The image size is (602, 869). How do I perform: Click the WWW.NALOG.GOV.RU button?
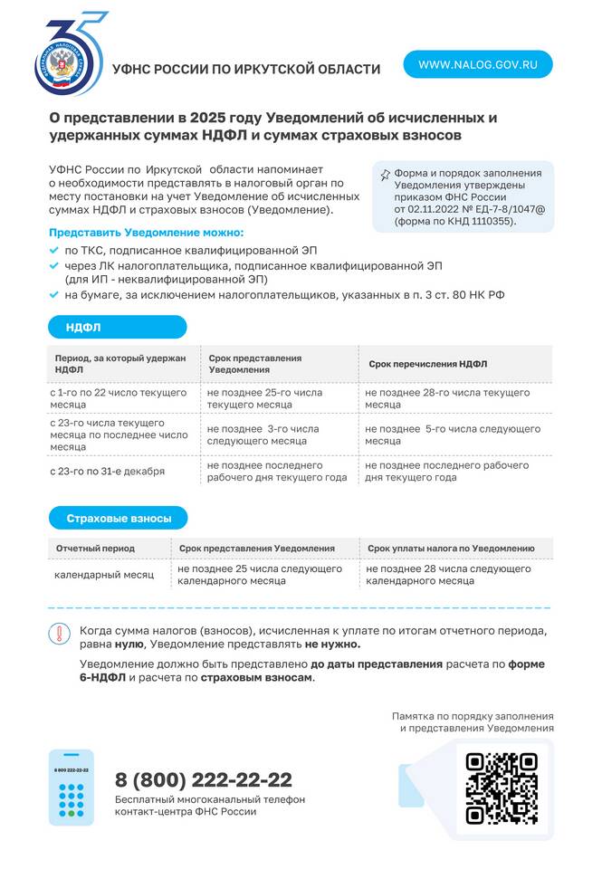[478, 64]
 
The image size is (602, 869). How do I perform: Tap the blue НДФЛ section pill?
[117, 327]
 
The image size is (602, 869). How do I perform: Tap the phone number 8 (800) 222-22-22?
[204, 780]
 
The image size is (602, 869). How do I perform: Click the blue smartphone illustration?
[71, 787]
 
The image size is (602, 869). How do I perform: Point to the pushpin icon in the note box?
[385, 175]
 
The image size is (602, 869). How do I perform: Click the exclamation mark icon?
[59, 634]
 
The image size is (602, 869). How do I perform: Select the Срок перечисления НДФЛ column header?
[427, 364]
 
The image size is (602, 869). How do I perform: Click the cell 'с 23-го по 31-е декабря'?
[107, 472]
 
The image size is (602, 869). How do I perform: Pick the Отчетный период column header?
[95, 549]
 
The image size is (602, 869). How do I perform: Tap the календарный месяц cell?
[104, 575]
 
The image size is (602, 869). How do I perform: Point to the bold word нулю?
[129, 645]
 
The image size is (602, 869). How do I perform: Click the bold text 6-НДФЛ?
[100, 678]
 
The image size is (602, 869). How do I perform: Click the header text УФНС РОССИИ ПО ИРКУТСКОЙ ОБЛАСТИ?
[246, 70]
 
